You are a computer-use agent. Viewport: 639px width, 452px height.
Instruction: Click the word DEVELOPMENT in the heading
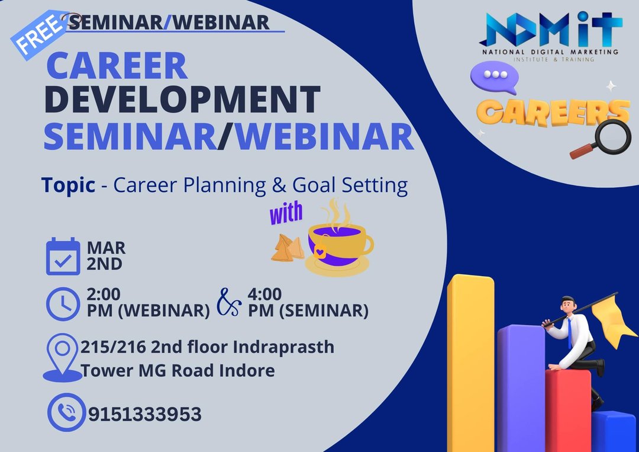click(x=182, y=99)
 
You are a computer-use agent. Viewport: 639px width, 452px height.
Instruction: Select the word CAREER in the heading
click(x=117, y=65)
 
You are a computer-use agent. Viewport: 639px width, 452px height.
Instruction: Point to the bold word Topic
click(x=68, y=185)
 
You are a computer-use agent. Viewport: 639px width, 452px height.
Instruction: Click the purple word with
click(x=286, y=213)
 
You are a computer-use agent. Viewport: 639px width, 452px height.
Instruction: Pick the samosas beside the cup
click(x=288, y=248)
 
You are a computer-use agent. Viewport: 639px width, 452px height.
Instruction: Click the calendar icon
click(x=63, y=256)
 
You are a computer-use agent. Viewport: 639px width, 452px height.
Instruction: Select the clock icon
click(x=63, y=304)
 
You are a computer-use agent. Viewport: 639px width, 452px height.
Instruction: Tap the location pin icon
click(x=62, y=358)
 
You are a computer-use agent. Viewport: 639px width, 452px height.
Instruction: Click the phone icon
click(x=67, y=412)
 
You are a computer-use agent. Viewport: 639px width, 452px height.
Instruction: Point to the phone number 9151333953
click(x=145, y=414)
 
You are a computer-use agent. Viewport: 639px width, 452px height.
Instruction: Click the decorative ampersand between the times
click(x=228, y=302)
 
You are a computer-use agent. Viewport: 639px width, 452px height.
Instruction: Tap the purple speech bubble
click(x=494, y=76)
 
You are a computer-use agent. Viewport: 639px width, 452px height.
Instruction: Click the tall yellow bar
click(x=471, y=363)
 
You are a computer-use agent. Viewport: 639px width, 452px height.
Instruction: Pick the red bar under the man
click(x=568, y=410)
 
